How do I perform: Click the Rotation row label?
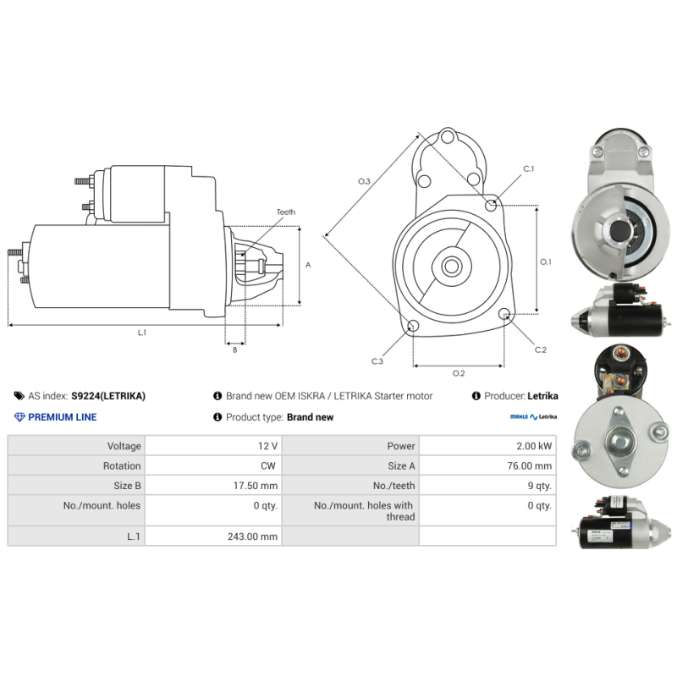[x=122, y=466]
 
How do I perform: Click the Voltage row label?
[x=124, y=446]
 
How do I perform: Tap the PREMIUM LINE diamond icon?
[x=19, y=417]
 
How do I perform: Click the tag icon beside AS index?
[x=19, y=395]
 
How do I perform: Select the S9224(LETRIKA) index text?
[x=108, y=396]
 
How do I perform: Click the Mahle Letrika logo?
[x=533, y=416]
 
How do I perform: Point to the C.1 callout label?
[x=528, y=168]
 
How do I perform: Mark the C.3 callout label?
[x=377, y=361]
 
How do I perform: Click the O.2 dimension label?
[x=459, y=373]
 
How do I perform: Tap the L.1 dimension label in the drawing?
[x=142, y=333]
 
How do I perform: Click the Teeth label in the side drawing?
[x=286, y=212]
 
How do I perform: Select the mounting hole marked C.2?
[x=504, y=314]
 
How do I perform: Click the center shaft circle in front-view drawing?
[x=452, y=267]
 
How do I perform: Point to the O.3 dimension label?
[x=364, y=181]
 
